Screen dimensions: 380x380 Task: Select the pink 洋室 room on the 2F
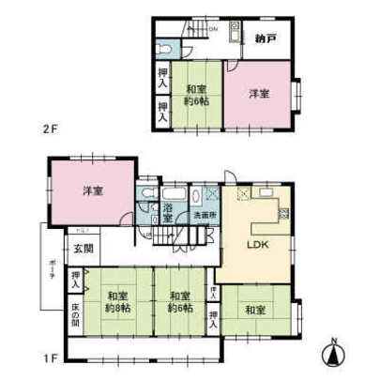[260, 93]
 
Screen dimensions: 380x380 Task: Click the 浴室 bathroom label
[168, 212]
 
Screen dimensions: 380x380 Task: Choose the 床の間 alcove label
[76, 314]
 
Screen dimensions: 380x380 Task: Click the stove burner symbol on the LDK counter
[245, 196]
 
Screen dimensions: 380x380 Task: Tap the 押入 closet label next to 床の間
[75, 279]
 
